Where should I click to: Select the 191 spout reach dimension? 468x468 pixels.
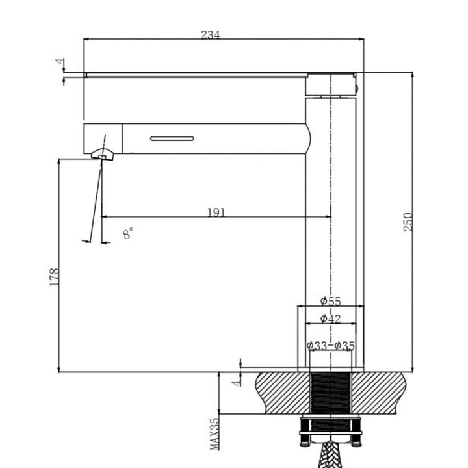point(216,213)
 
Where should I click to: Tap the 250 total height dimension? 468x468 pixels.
point(408,223)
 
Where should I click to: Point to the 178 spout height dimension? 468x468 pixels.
point(55,277)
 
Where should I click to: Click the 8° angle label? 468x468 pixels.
point(128,234)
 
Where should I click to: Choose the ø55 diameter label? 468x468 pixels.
point(330,301)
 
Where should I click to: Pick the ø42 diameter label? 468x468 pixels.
point(330,318)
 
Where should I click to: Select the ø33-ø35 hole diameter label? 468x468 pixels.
point(331,346)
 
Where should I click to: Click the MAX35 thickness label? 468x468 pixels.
point(215,434)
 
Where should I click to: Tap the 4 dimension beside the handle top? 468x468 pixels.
point(60,63)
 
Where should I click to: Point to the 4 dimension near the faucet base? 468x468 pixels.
point(237,381)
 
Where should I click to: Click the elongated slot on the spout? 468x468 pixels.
point(172,138)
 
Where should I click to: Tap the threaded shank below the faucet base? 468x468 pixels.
point(331,393)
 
